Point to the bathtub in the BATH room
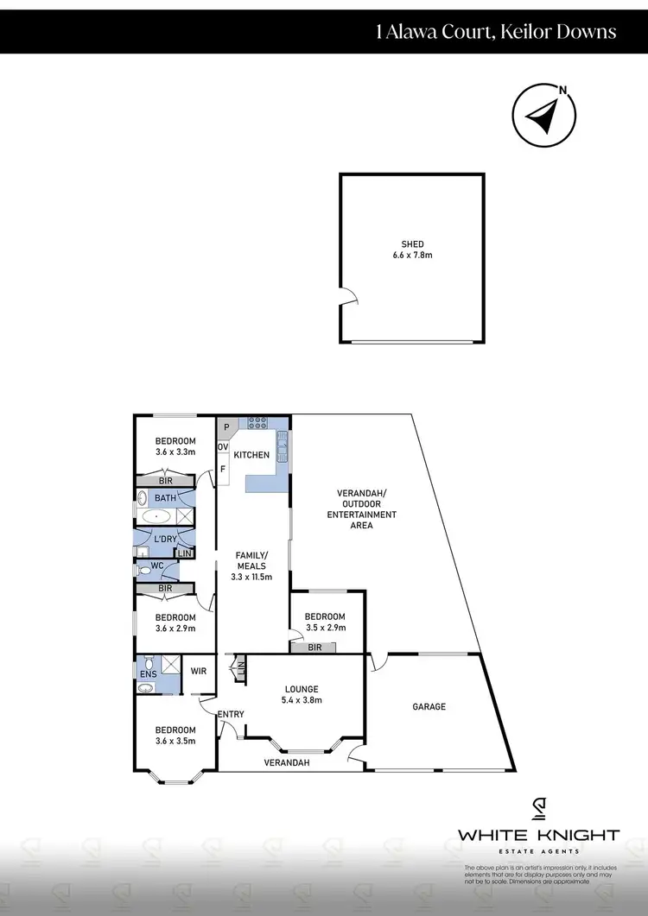pos(156,516)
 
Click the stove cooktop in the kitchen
pos(257,424)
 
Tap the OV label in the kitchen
pos(222,447)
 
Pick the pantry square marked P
pos(226,426)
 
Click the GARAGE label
pos(429,706)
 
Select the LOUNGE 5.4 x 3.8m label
pos(303,694)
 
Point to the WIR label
pos(198,670)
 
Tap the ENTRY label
pos(231,714)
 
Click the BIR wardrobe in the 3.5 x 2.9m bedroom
pos(314,647)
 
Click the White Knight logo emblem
pos(538,808)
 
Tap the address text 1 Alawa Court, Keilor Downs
pos(496,32)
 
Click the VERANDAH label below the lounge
pos(287,763)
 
